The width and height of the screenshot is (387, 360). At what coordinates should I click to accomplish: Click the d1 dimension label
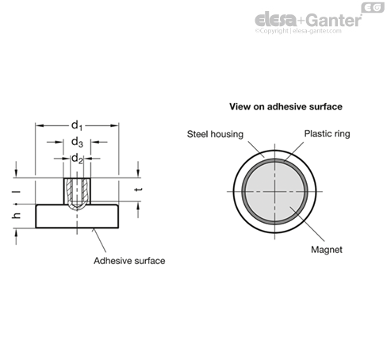tap(77, 125)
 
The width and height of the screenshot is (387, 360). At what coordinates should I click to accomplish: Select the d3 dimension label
tap(77, 142)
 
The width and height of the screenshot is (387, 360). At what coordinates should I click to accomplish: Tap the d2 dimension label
tap(77, 159)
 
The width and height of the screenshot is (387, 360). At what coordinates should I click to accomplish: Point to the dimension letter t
tap(138, 190)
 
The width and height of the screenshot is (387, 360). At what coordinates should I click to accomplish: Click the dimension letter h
tap(17, 216)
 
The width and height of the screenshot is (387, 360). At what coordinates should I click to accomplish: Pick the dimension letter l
tap(17, 191)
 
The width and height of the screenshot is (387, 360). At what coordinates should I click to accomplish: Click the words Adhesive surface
tap(129, 261)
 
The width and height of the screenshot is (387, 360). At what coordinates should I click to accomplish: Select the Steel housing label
tap(215, 134)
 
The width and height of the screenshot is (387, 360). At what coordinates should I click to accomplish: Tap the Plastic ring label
tap(327, 134)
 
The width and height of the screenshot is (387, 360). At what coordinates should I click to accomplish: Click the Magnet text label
tap(327, 250)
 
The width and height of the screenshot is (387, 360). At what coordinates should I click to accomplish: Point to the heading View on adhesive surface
tap(285, 106)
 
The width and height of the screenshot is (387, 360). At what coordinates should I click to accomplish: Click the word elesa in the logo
tap(275, 20)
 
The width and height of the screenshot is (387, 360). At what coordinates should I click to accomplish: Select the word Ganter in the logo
tap(334, 20)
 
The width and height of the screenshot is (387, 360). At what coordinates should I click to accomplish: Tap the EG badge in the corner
tap(373, 7)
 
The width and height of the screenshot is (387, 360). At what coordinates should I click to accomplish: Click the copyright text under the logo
tap(298, 31)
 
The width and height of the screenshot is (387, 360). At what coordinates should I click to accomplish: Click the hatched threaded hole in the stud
tap(77, 193)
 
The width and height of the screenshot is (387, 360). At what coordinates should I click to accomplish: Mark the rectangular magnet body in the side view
tap(77, 216)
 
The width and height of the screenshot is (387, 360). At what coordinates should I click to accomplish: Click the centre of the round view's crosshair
tap(274, 191)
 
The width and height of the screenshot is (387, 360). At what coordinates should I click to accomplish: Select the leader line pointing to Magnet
tap(307, 224)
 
